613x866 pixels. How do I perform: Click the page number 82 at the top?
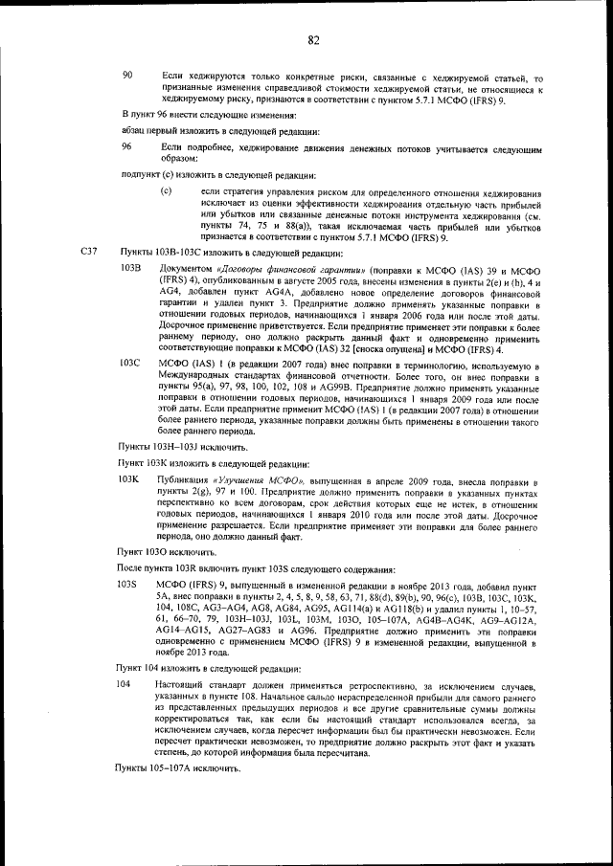[313, 39]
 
